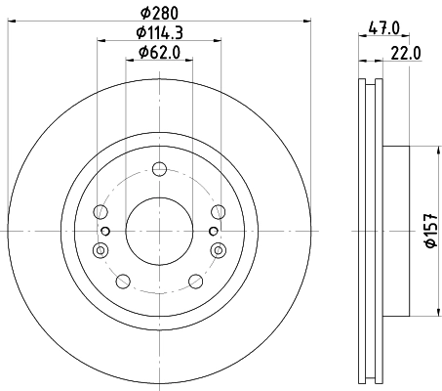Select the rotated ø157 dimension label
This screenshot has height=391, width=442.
coord(426,231)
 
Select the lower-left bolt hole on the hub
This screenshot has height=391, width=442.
coord(122,282)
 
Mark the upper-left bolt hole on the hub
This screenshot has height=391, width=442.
coord(100,210)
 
